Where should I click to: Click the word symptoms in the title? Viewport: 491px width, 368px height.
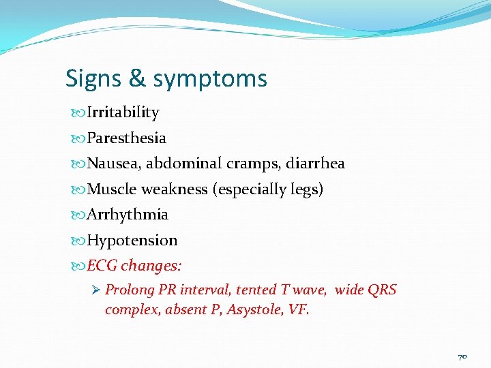210,80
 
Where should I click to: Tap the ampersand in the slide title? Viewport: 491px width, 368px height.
136,79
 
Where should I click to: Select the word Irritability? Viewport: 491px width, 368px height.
123,112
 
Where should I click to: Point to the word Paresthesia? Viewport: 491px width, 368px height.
126,138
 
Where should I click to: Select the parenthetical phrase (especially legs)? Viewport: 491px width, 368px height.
269,189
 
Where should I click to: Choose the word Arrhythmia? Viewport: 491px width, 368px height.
128,215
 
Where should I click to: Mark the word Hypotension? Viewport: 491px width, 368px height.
132,241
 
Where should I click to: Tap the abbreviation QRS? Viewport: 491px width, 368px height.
382,290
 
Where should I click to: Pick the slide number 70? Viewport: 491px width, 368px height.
462,356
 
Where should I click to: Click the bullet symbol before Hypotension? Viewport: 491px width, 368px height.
79,241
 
